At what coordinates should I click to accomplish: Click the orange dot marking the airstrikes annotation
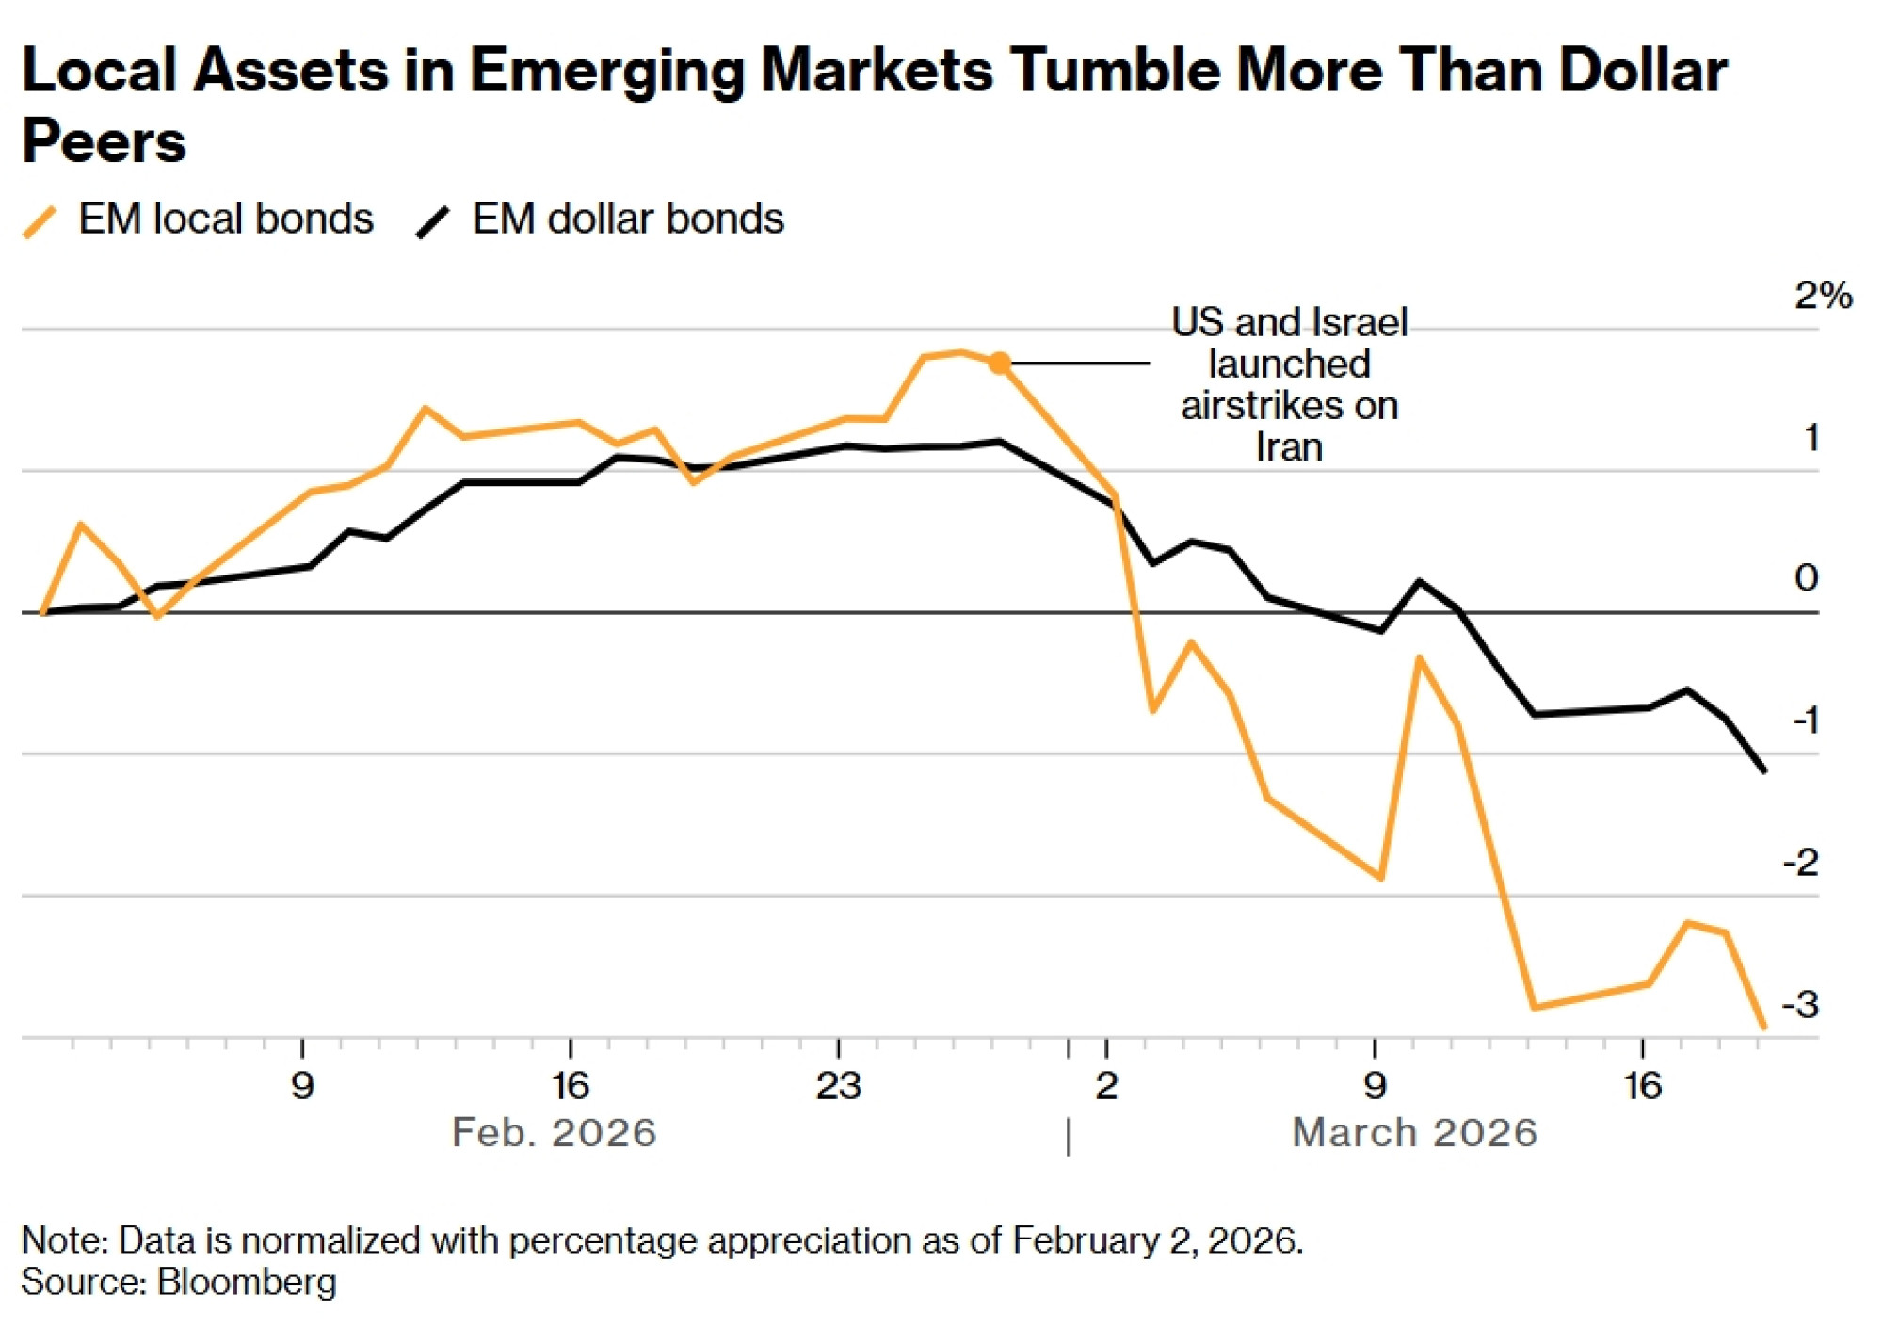(x=1000, y=363)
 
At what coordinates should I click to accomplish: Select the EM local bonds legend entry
(x=198, y=219)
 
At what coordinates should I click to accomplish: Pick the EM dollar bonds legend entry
(x=600, y=219)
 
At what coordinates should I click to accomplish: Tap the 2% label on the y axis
(x=1823, y=296)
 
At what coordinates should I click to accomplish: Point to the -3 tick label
(x=1801, y=1005)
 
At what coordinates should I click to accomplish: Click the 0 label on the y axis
(x=1806, y=577)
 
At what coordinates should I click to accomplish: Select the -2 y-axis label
(x=1801, y=863)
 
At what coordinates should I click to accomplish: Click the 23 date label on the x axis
(x=838, y=1086)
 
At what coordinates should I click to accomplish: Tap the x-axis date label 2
(x=1106, y=1086)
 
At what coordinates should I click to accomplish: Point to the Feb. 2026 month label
(x=554, y=1132)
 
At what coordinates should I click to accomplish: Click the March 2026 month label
(x=1414, y=1132)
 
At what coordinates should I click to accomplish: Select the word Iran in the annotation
(x=1289, y=447)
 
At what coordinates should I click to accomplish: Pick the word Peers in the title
(x=104, y=141)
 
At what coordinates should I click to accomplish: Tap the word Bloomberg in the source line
(x=247, y=1283)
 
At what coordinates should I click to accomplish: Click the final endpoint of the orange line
(x=1763, y=1027)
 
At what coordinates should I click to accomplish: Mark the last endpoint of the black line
(x=1763, y=770)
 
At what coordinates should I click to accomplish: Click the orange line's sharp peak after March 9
(x=1419, y=657)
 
